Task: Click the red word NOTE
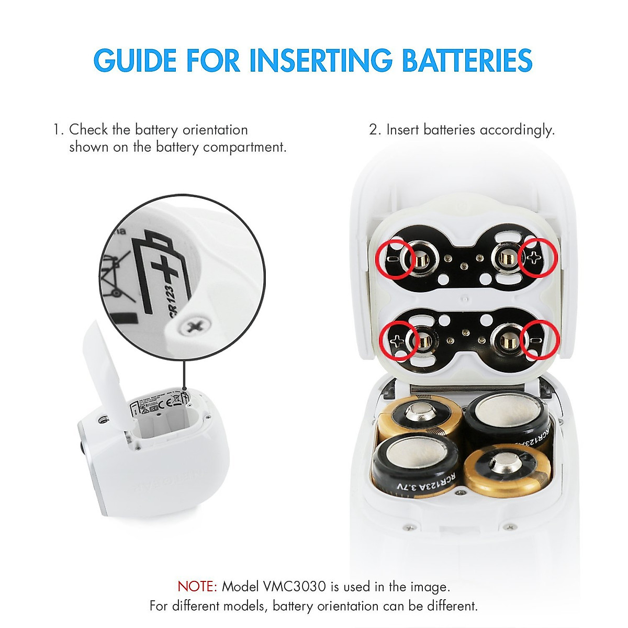tap(197, 586)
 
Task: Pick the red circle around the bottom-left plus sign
tap(399, 341)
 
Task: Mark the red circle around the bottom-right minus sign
tap(541, 341)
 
